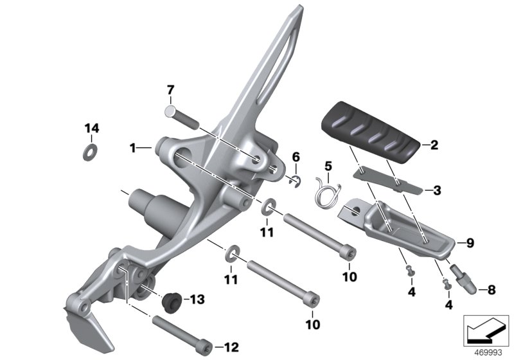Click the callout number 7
170,89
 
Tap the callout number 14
92,128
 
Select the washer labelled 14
90,152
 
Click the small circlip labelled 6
296,183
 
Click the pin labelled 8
463,279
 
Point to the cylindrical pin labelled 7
182,118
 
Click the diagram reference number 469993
488,353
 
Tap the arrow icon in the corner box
486,330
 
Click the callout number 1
132,148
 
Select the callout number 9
470,243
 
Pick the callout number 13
197,300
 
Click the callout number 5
328,166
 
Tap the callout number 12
231,347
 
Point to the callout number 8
492,290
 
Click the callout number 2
434,145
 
